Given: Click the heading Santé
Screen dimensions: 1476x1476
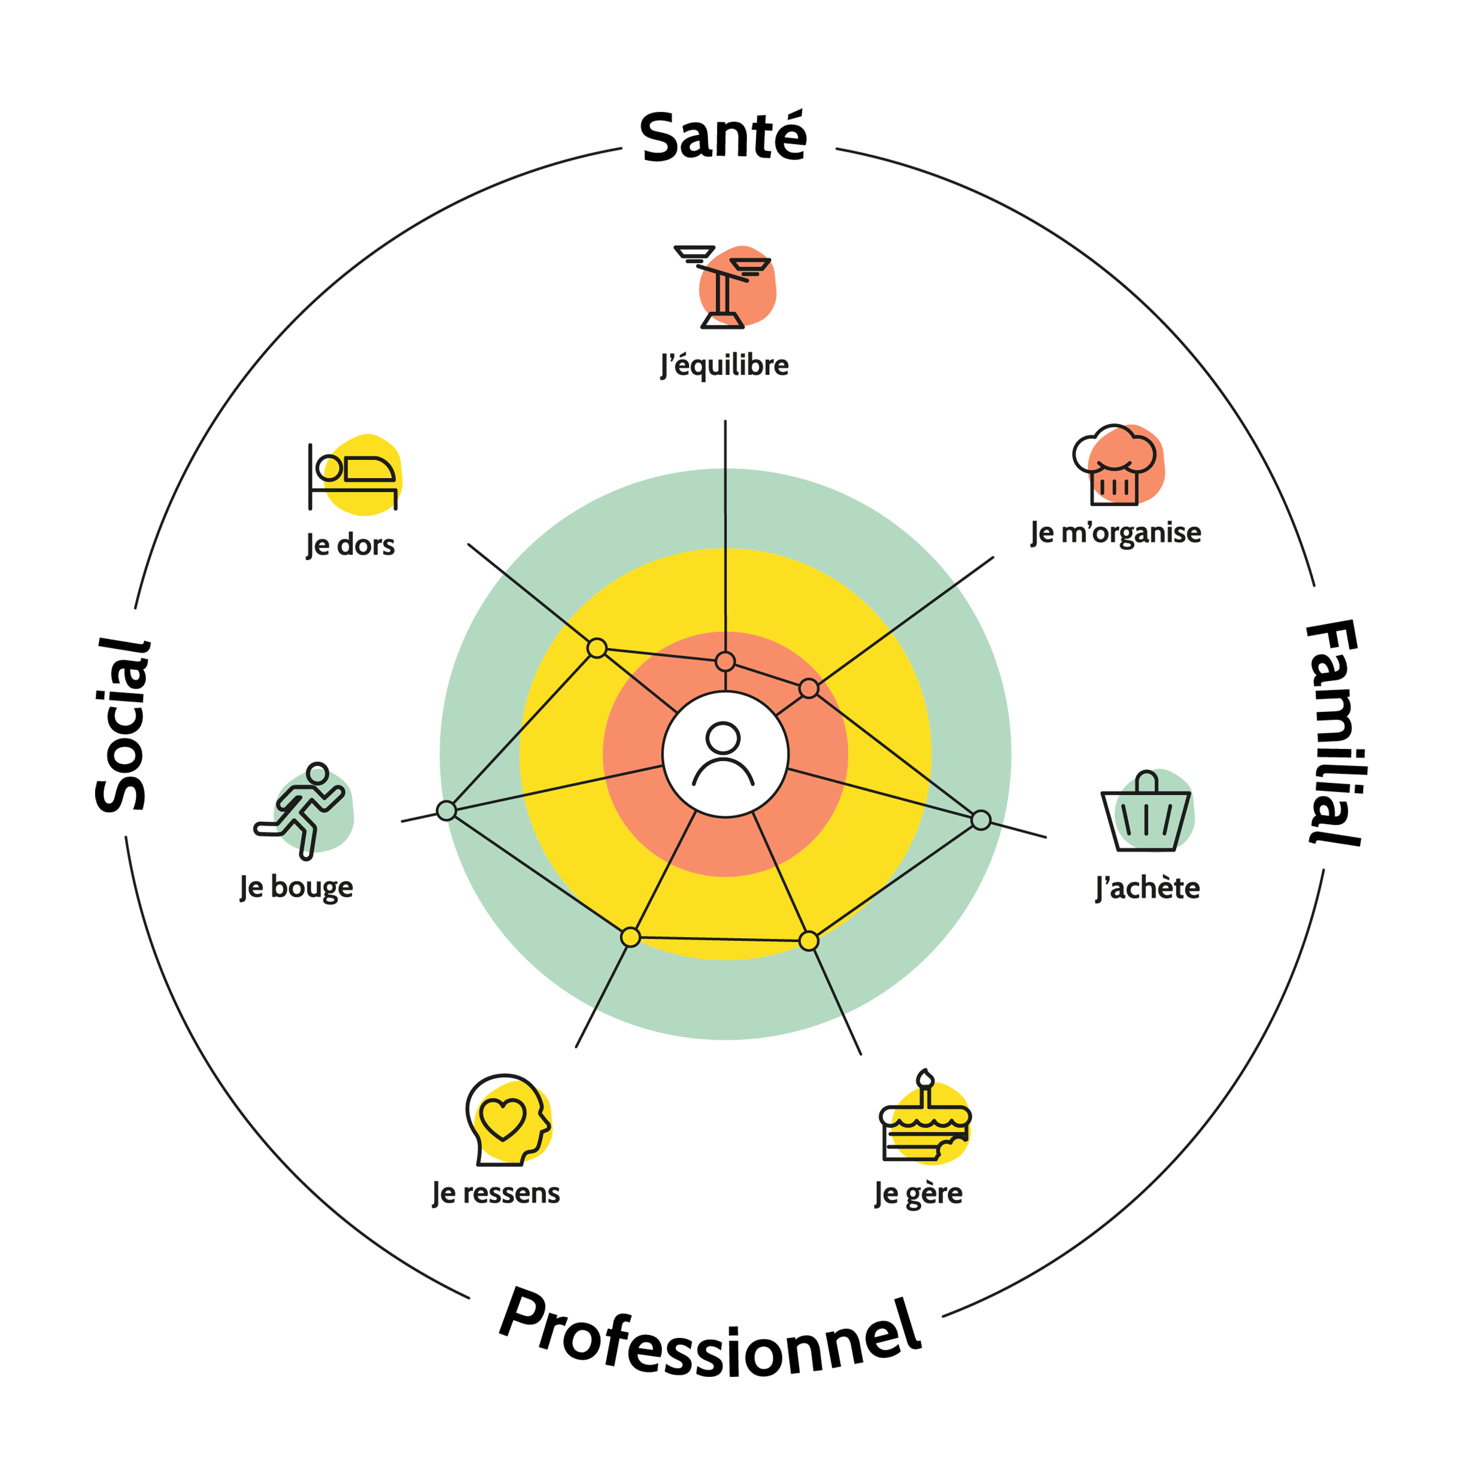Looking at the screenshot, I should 723,138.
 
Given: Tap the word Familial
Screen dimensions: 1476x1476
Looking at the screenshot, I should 1334,732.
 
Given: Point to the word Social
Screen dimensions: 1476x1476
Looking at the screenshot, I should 122,724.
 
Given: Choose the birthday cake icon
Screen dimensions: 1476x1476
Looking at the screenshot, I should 925,1120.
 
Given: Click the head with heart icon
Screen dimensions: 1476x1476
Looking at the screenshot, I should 507,1119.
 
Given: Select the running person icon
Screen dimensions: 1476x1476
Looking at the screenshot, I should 302,810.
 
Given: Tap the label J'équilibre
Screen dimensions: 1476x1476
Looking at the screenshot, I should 724,365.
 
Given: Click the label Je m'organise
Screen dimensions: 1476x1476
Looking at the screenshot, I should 1115,532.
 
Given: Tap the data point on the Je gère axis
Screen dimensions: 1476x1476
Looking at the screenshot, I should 808,941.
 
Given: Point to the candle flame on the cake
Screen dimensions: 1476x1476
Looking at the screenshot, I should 925,1078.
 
